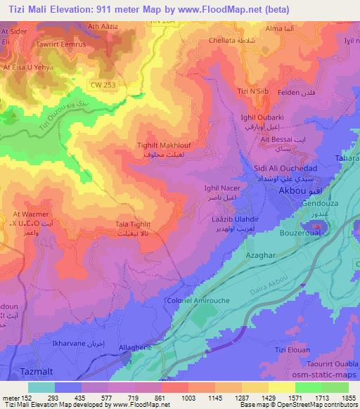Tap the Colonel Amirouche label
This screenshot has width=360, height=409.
(x=193, y=300)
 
